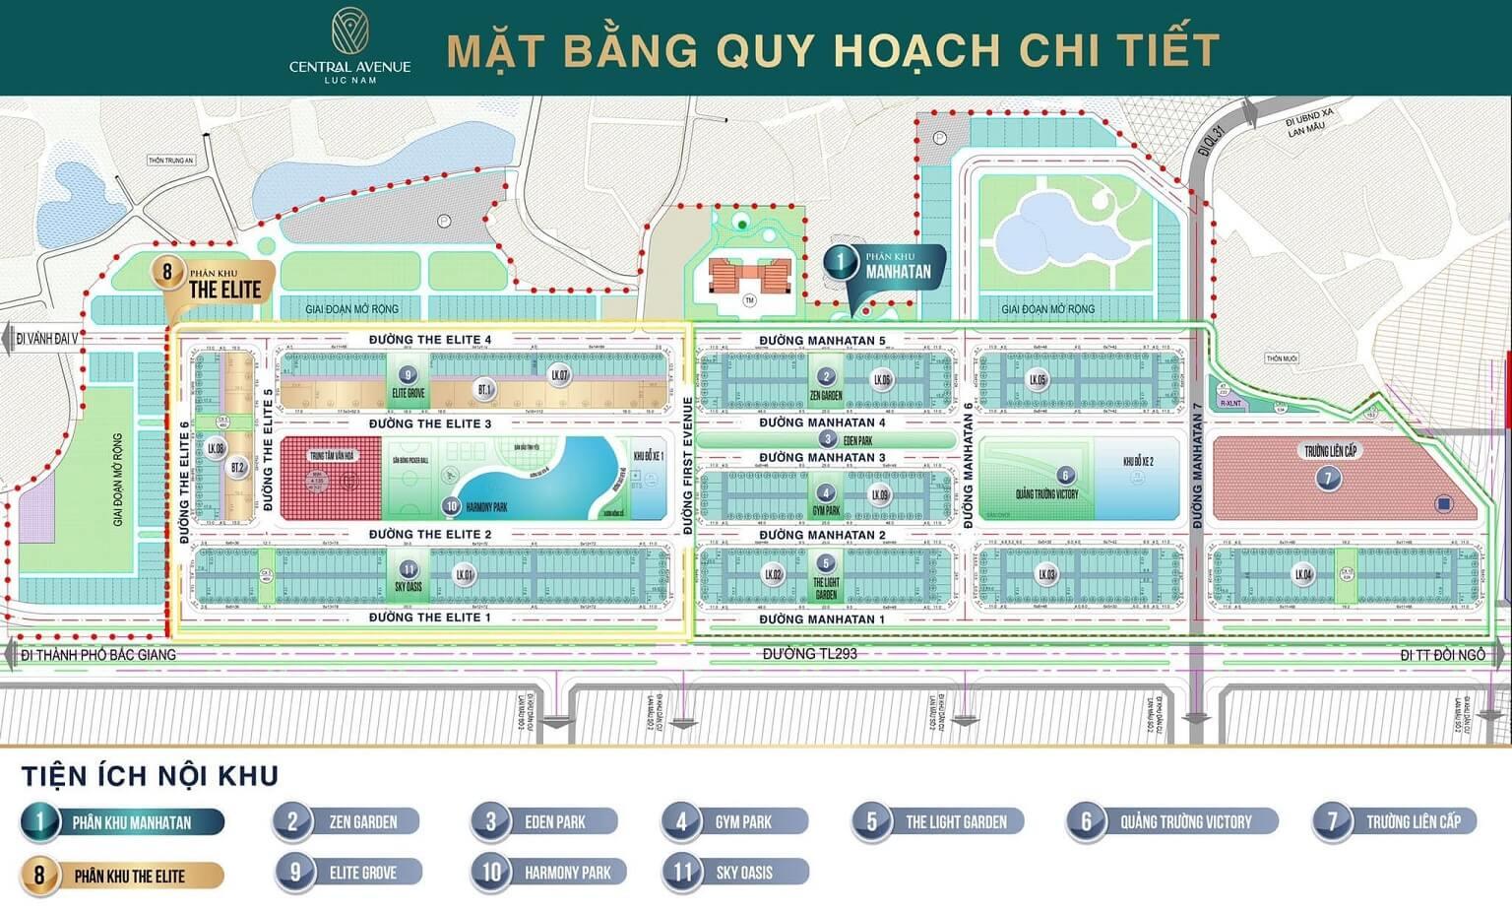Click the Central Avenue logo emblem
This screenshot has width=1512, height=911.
point(349,31)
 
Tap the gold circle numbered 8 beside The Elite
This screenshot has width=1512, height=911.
point(167,272)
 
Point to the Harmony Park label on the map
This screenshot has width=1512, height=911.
point(485,507)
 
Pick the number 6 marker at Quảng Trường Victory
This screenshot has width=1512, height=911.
point(1064,476)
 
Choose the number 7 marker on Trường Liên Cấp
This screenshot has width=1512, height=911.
point(1328,479)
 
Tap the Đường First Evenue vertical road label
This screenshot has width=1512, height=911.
point(688,466)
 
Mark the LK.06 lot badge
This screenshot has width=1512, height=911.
point(882,379)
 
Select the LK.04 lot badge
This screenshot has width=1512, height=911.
point(1303,574)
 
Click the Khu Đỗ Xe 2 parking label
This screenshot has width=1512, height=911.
point(1138,461)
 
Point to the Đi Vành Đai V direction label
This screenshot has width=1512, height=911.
point(47,339)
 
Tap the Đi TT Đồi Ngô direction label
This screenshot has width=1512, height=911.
point(1442,655)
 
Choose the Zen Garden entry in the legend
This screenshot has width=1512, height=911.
point(346,821)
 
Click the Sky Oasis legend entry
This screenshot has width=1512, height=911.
point(735,873)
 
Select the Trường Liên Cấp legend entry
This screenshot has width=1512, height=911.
point(1395,821)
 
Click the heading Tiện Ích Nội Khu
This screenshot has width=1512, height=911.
point(151,776)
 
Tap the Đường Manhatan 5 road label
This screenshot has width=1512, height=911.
point(822,341)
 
